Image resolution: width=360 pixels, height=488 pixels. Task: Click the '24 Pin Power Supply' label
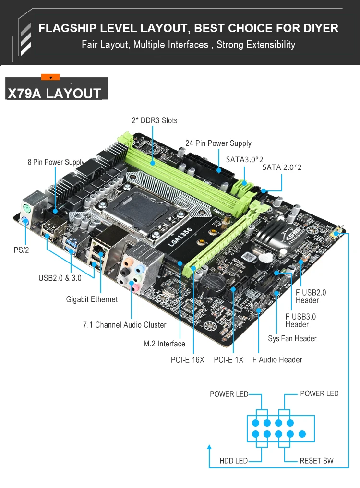(218, 143)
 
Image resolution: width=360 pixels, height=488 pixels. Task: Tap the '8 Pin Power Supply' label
(56, 162)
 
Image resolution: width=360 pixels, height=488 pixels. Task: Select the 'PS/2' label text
(21, 250)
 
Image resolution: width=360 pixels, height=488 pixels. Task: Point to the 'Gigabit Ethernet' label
(92, 299)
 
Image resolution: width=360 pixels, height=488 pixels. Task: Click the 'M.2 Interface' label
(164, 344)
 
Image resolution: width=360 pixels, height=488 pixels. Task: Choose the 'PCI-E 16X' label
(187, 359)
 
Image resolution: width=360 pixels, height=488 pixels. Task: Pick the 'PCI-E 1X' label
(228, 359)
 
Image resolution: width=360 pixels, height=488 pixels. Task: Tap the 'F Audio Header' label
(277, 359)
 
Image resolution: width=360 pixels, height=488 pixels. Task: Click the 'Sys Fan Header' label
(292, 338)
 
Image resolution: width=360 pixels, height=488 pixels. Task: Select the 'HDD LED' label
(234, 461)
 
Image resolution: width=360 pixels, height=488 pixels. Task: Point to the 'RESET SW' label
(316, 461)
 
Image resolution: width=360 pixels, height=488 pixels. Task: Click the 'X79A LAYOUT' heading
(54, 93)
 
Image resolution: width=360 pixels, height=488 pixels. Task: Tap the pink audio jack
(135, 287)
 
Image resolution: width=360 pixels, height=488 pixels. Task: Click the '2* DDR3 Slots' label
(155, 120)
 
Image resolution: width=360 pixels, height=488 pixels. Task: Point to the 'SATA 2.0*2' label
(282, 167)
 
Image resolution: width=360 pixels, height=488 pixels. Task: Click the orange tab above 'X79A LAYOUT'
(50, 77)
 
